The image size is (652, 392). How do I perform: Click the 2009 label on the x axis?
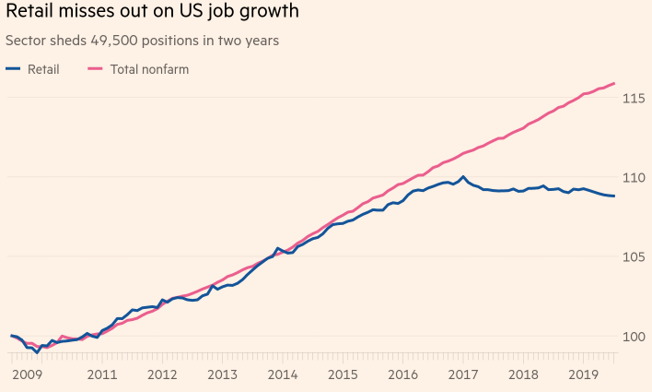27,374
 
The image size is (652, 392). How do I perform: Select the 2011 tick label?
102,374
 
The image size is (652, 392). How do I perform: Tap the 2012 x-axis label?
162,374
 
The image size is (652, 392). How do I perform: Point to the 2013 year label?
223,374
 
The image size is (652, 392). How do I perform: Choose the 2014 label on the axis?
283,374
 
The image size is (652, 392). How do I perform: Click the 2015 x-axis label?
343,374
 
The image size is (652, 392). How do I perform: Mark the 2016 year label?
402,374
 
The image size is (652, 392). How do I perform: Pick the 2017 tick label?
463,374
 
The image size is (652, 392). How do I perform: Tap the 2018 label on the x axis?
523,374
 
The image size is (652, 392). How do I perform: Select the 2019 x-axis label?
583,374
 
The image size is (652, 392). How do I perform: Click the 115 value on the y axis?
634,99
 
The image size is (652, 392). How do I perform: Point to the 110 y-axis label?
634,177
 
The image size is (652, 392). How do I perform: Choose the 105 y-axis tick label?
634,256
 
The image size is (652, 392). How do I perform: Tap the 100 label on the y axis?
634,336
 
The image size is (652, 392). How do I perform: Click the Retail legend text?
43,69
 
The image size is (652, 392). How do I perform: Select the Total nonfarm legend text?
150,69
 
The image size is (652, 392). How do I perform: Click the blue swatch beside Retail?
13,69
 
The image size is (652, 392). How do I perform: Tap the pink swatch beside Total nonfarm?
95,69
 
